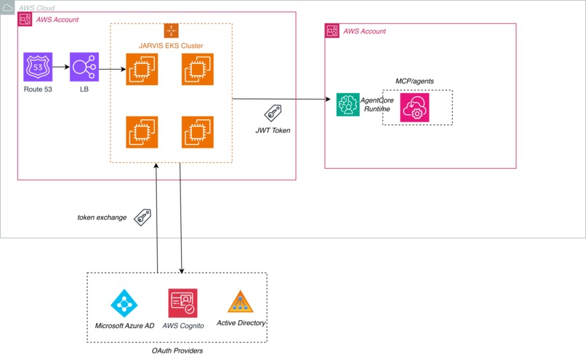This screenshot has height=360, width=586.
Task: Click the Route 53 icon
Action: (38, 66)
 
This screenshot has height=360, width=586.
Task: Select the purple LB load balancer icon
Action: (84, 66)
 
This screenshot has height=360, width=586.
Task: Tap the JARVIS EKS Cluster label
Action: (171, 46)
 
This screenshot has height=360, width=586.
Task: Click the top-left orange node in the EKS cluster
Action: (142, 70)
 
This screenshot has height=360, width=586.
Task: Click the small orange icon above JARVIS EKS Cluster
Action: (171, 31)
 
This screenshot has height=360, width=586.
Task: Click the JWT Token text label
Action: (273, 132)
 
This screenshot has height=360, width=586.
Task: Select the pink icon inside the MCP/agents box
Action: (414, 107)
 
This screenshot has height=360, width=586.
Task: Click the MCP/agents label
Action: (414, 80)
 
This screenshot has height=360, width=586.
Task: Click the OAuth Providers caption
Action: (177, 351)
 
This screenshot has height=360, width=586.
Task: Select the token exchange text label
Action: (102, 217)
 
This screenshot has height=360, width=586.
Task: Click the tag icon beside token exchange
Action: (143, 217)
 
